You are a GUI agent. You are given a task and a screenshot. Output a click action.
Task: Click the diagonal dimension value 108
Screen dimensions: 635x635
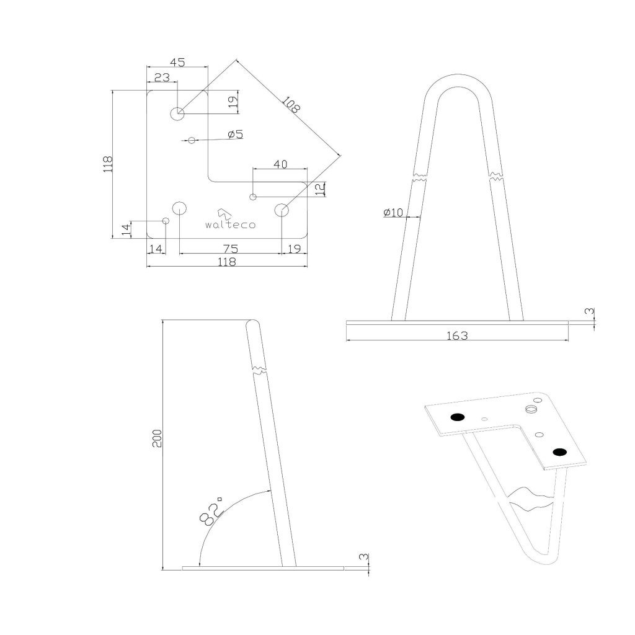point(290,104)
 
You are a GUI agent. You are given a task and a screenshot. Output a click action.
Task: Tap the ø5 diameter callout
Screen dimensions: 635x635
point(236,134)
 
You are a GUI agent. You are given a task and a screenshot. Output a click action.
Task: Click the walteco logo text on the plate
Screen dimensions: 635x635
point(229,224)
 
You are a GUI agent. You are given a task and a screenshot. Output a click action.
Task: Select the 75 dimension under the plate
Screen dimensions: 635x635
point(230,248)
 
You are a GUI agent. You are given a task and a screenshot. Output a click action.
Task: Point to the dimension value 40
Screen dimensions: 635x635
point(280,164)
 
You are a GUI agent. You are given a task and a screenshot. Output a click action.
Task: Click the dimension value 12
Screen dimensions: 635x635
point(319,189)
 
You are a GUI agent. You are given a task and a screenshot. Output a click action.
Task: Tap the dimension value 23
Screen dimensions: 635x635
point(162,78)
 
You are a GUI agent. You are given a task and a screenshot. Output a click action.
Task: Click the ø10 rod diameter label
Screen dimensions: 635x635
point(393,213)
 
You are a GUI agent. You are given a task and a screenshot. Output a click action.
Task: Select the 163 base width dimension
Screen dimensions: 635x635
point(457,335)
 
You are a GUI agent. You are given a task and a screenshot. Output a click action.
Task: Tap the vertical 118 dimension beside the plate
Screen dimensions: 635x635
point(108,164)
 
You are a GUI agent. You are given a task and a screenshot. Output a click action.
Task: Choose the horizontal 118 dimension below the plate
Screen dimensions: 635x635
point(227,262)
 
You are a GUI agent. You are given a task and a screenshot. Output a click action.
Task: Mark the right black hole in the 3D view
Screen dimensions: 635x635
point(560,451)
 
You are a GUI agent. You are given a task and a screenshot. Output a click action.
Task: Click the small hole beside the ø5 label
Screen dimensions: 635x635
point(192,141)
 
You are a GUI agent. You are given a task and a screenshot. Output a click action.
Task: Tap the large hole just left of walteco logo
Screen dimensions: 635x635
point(180,208)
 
